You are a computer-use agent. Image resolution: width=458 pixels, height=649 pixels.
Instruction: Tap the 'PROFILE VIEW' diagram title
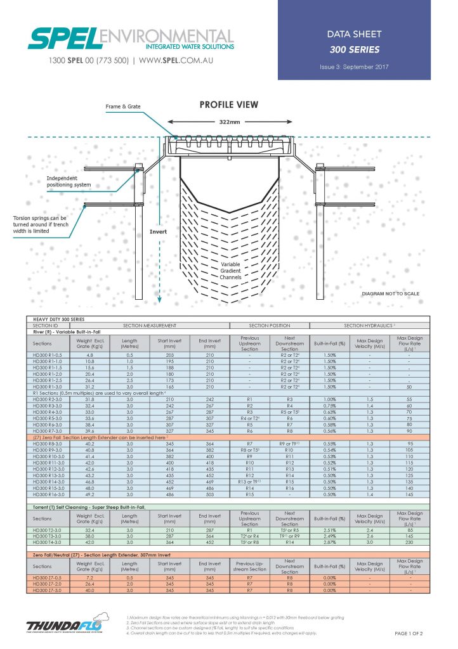[x=229, y=105]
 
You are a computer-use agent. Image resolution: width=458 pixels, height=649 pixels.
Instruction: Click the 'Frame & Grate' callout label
[x=123, y=108]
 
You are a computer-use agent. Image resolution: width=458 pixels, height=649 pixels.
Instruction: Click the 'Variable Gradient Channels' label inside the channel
[x=230, y=271]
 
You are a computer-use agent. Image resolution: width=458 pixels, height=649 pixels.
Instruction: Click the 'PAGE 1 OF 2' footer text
[x=408, y=634]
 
